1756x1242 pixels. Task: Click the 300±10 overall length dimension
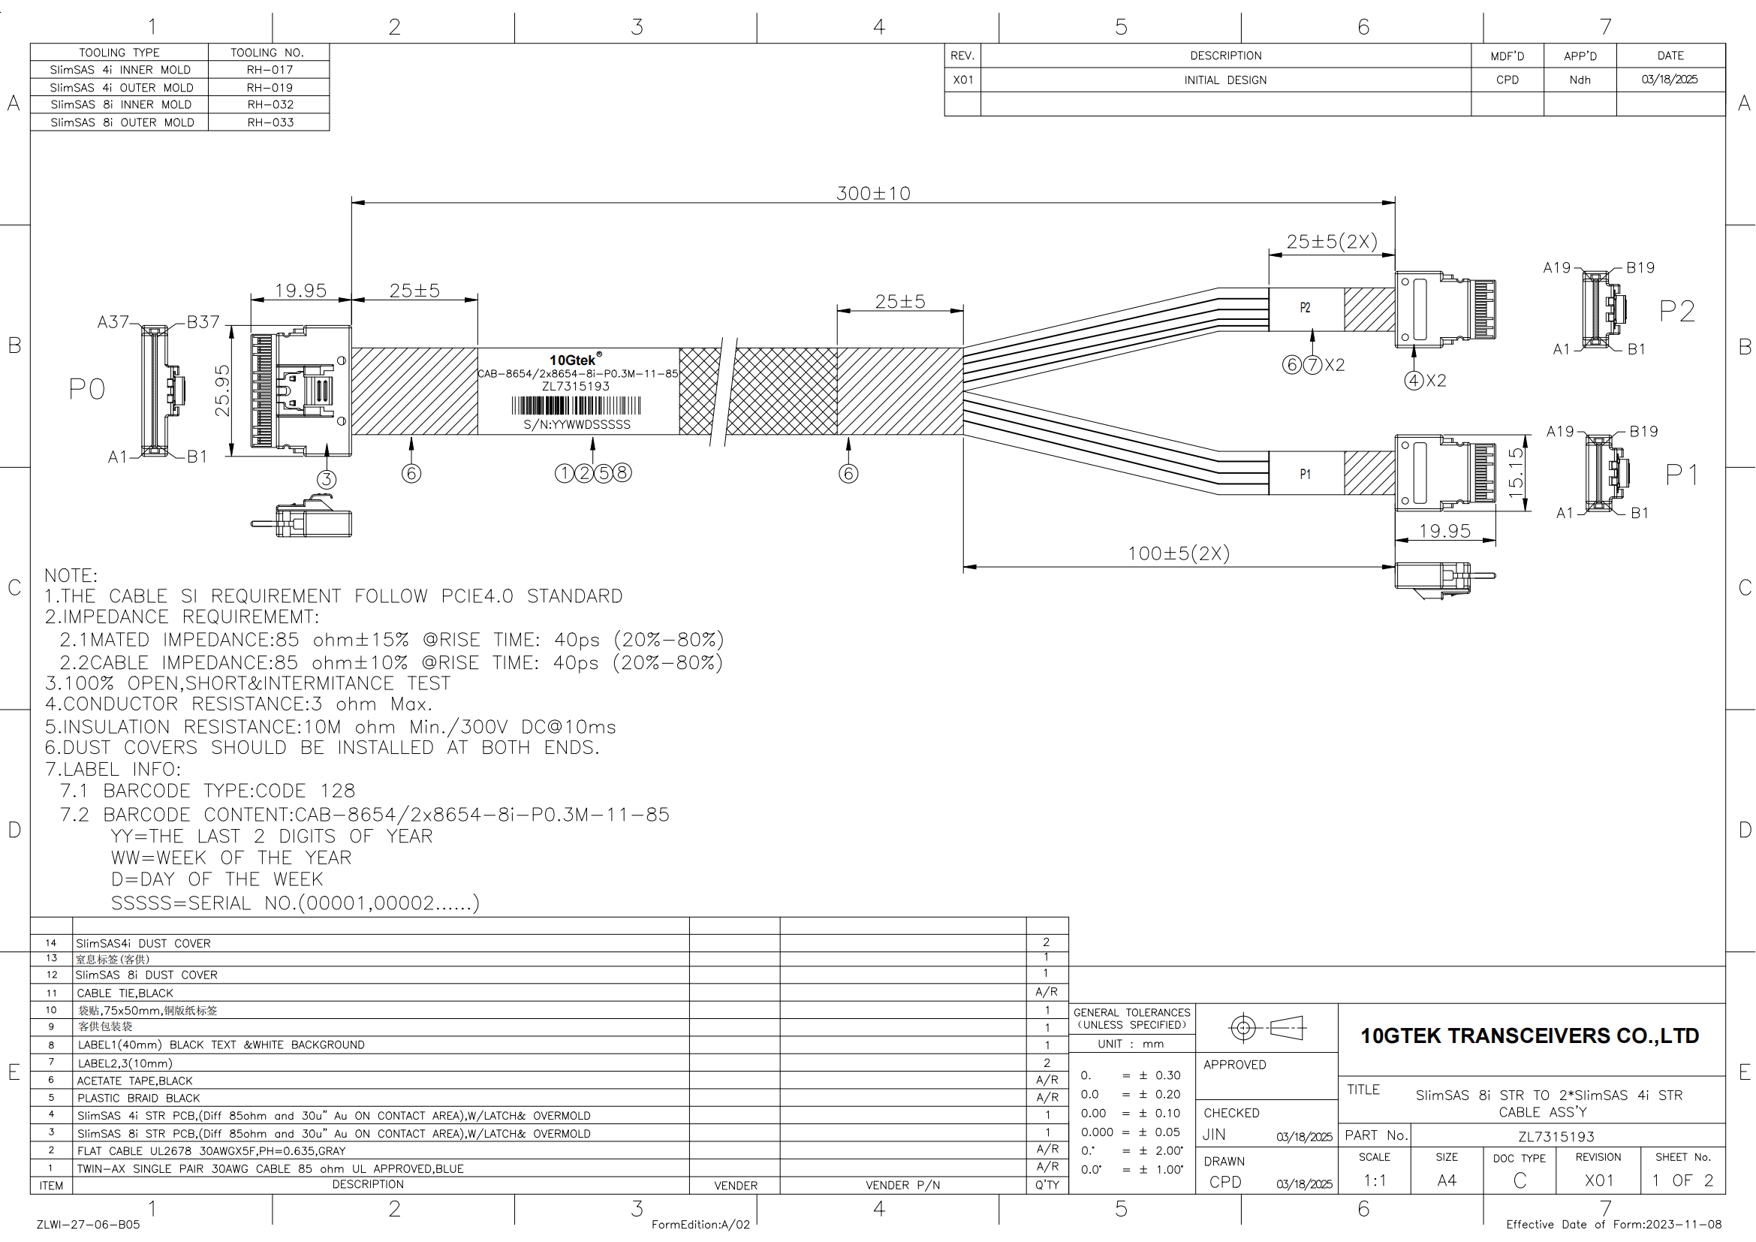pos(872,194)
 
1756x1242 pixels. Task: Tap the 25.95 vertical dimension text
pos(222,390)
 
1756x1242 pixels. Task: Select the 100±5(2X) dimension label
pos(1179,553)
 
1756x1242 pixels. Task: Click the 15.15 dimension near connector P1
pos(1515,473)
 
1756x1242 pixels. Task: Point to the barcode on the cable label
pos(576,405)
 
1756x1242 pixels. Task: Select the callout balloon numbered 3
pos(327,480)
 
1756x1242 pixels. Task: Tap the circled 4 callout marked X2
pos(1414,381)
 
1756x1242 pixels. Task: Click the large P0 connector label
pos(87,389)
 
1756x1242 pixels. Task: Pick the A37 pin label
pos(113,322)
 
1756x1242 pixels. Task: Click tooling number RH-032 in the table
pos(270,105)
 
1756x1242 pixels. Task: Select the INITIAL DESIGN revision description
pos(1225,80)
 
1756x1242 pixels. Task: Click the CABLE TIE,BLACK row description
pos(125,993)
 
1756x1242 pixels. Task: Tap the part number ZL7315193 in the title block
pos(1556,1136)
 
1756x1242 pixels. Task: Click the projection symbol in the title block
pos(1266,1028)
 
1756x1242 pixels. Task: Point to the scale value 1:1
pos(1375,1181)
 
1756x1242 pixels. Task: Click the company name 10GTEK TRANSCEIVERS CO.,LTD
pos(1529,1036)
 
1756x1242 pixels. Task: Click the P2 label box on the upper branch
pos(1306,308)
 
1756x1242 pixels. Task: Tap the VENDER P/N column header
pos(902,1186)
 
